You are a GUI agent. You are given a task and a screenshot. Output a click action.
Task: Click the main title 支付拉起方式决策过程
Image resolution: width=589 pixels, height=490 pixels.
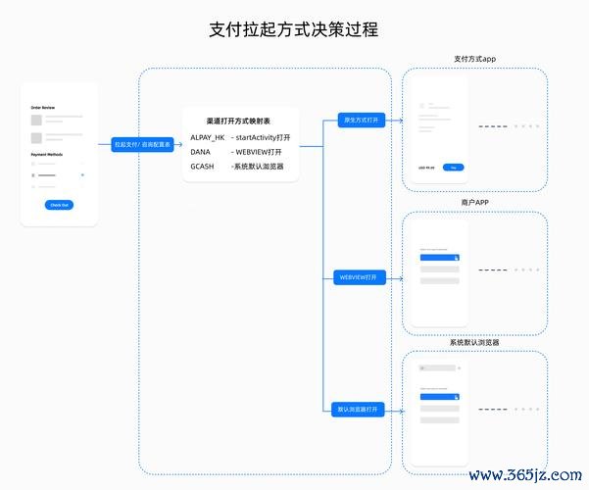tap(294, 30)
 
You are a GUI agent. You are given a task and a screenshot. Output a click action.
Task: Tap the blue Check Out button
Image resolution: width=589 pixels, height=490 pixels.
tap(59, 205)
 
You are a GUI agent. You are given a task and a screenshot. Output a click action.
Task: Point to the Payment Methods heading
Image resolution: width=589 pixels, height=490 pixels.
tap(46, 155)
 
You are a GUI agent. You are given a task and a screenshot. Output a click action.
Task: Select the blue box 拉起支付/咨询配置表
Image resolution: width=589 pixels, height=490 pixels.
tap(143, 144)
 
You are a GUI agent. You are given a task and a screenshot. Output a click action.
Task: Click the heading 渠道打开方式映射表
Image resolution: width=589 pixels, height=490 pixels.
tap(239, 121)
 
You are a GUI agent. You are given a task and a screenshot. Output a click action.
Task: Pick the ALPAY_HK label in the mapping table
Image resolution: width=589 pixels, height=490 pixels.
tap(208, 137)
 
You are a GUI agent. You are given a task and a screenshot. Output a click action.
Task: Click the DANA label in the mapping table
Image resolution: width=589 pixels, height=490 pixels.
tap(201, 152)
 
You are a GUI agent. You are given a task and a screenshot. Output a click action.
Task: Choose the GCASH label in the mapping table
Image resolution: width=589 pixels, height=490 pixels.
tap(203, 167)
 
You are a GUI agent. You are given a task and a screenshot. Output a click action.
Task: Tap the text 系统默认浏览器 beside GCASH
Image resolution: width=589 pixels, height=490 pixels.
tap(258, 167)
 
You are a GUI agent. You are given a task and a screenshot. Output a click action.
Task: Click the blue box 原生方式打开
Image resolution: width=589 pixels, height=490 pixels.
tap(360, 121)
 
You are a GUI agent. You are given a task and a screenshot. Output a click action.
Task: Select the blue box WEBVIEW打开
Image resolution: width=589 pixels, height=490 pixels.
tap(359, 278)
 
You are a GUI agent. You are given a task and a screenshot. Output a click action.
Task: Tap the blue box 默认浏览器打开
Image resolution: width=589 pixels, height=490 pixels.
tap(359, 409)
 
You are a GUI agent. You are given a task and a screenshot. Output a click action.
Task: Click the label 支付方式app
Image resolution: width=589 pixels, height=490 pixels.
tap(474, 59)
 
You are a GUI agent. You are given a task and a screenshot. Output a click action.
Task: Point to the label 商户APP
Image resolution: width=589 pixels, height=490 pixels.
tap(474, 202)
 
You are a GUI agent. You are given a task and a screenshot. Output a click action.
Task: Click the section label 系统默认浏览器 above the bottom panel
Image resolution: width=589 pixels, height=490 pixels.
tap(474, 343)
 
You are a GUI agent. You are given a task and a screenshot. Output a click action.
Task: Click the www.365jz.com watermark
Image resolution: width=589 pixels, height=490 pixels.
tap(526, 474)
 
